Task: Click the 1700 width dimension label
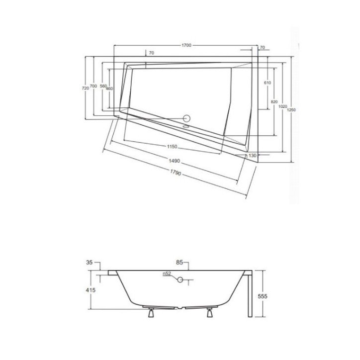pyautogui.click(x=186, y=45)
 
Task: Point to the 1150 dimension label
pyautogui.click(x=172, y=147)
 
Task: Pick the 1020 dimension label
pyautogui.click(x=282, y=106)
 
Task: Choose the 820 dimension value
pyautogui.click(x=273, y=101)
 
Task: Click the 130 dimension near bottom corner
pyautogui.click(x=252, y=156)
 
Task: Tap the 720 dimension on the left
pyautogui.click(x=85, y=88)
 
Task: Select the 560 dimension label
pyautogui.click(x=103, y=86)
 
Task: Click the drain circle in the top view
pyautogui.click(x=187, y=119)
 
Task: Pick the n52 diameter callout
pyautogui.click(x=167, y=274)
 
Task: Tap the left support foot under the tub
pyautogui.click(x=150, y=312)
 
